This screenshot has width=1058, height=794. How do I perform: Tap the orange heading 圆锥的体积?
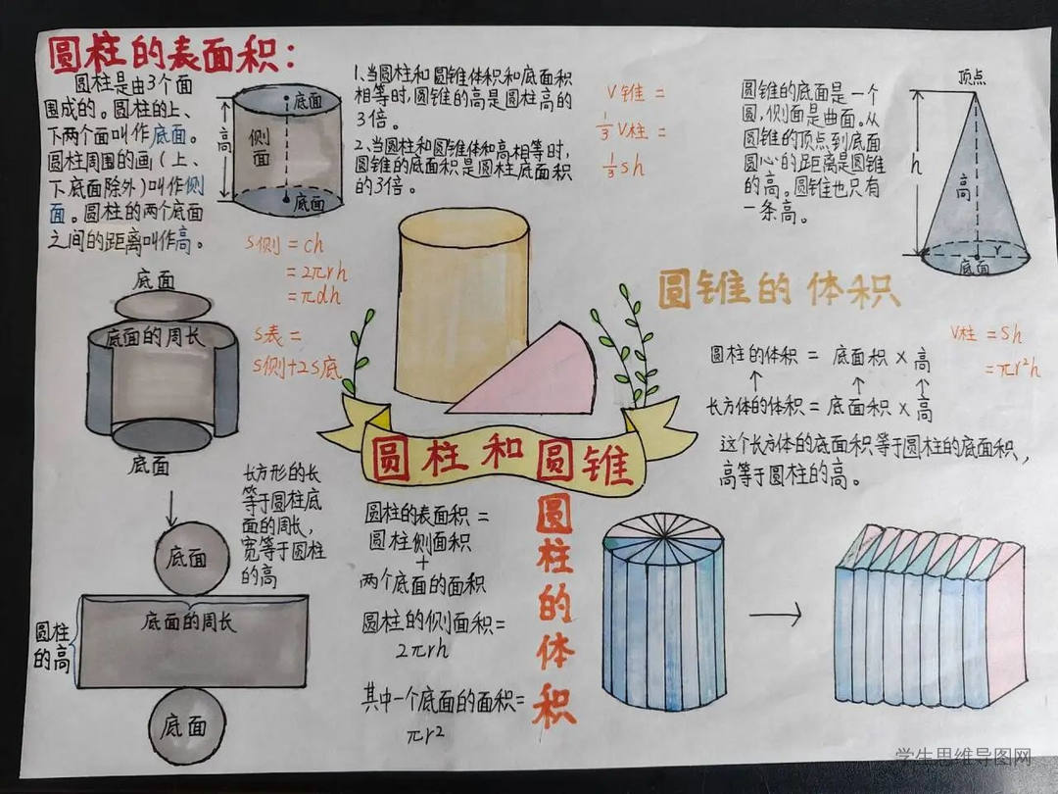coord(778,291)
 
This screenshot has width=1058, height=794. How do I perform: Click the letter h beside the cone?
coord(916,167)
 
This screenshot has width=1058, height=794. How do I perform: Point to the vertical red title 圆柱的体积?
coord(554,608)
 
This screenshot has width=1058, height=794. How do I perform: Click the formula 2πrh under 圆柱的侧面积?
coord(422,649)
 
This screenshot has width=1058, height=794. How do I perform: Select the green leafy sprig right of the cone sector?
coord(627,343)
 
